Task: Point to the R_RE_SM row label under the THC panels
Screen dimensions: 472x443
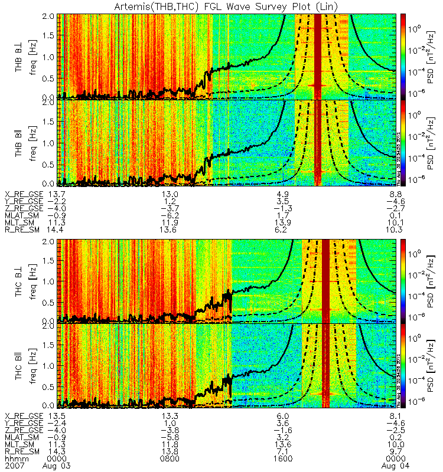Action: click(x=24, y=451)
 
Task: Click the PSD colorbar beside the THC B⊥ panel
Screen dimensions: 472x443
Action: click(x=403, y=280)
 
